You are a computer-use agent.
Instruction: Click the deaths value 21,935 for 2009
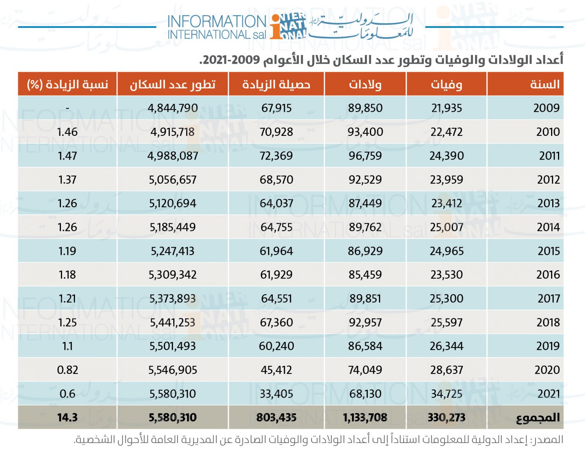pos(446,108)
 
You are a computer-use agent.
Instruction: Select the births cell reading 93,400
pos(365,132)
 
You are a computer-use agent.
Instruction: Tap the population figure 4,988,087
pos(173,156)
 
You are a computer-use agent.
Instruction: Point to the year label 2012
pos(548,180)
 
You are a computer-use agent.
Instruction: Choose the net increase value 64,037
pos(276,203)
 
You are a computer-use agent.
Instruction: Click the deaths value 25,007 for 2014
pos(446,227)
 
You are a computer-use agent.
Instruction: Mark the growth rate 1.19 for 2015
pos(67,251)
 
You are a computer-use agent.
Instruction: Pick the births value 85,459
pos(365,275)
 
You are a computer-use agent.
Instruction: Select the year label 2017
pos(548,298)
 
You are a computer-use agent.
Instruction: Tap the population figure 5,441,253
pos(173,322)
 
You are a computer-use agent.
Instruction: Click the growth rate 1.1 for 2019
pos(67,346)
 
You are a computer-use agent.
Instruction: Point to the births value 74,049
pos(365,370)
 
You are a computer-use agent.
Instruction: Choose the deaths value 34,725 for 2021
pos(446,394)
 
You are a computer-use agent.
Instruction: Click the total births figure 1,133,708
pos(365,417)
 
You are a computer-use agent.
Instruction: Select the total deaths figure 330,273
pos(446,417)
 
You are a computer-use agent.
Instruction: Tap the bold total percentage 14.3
pos(67,417)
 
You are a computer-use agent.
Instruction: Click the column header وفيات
pos(446,84)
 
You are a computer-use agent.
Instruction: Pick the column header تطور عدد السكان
pos(173,84)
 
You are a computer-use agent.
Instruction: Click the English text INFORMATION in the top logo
pos(216,21)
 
